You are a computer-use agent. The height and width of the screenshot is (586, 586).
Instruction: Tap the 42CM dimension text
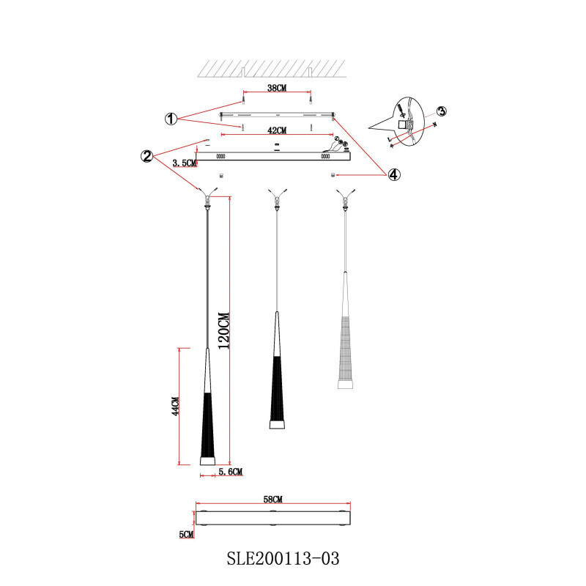[x=277, y=130]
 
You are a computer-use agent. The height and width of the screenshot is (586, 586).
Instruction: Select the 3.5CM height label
[x=184, y=163]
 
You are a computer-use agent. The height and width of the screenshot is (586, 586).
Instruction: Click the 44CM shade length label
[x=175, y=407]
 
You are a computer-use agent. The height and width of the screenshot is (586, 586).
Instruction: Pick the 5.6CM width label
[x=230, y=472]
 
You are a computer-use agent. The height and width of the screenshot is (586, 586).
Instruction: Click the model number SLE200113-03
[x=283, y=560]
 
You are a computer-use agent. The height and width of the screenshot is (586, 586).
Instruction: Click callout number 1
[x=170, y=119]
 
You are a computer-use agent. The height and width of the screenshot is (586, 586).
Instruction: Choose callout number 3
[x=441, y=111]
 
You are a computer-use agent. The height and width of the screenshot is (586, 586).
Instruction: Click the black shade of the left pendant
[x=207, y=425]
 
